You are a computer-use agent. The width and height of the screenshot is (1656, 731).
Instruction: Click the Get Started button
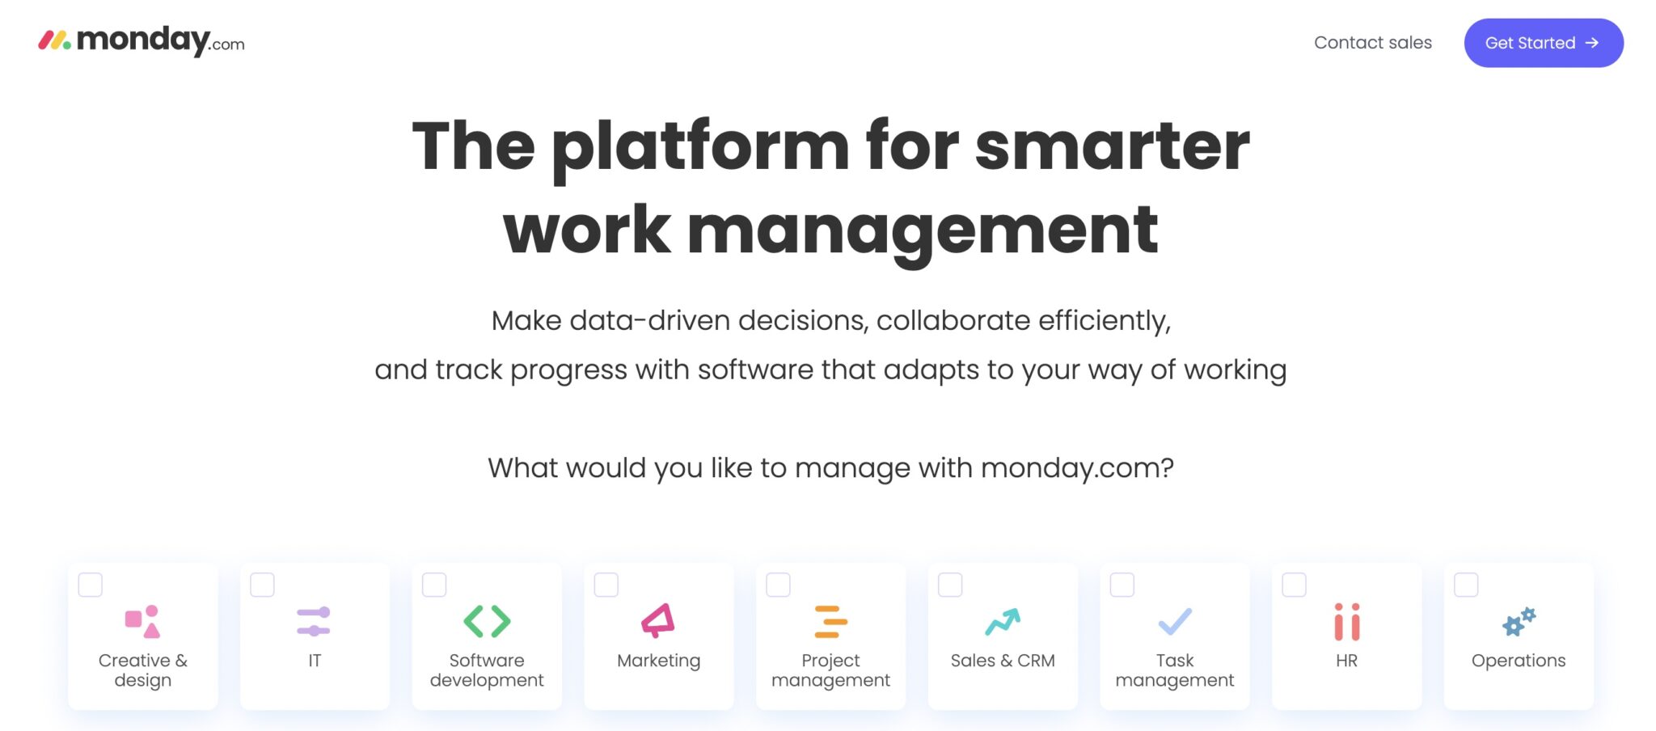[1543, 43]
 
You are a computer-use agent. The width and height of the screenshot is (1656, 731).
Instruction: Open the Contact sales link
[1372, 43]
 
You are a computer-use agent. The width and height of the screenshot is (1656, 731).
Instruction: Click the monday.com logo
[142, 41]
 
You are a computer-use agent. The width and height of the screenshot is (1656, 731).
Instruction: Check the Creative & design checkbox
[91, 585]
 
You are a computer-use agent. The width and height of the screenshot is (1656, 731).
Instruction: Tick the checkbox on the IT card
[262, 585]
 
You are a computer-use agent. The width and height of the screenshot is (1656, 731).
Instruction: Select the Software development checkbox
[434, 585]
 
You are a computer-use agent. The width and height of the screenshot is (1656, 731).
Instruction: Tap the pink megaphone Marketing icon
[658, 621]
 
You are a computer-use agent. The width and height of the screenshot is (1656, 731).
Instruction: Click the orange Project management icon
[830, 622]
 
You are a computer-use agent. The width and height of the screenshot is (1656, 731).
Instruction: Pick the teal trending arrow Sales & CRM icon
[1003, 621]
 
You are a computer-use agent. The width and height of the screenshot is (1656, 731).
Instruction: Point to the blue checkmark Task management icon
[1175, 621]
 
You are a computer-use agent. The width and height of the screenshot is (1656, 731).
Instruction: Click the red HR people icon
[1346, 622]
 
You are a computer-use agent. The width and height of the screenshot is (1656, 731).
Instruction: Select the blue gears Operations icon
[1519, 621]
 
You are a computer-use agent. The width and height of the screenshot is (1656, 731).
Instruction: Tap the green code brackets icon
[487, 621]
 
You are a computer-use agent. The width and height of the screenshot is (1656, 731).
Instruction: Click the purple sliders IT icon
[314, 621]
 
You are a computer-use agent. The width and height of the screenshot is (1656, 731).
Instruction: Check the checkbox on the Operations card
[1466, 585]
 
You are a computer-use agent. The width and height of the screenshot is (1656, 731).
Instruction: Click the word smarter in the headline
[1112, 146]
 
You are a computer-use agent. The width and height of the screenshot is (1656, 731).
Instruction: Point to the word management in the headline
[922, 231]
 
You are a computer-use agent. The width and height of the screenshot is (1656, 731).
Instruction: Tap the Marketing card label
[658, 661]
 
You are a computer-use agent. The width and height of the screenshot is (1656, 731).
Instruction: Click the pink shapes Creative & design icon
[142, 621]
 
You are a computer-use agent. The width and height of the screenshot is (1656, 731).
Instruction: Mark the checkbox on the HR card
[1294, 585]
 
